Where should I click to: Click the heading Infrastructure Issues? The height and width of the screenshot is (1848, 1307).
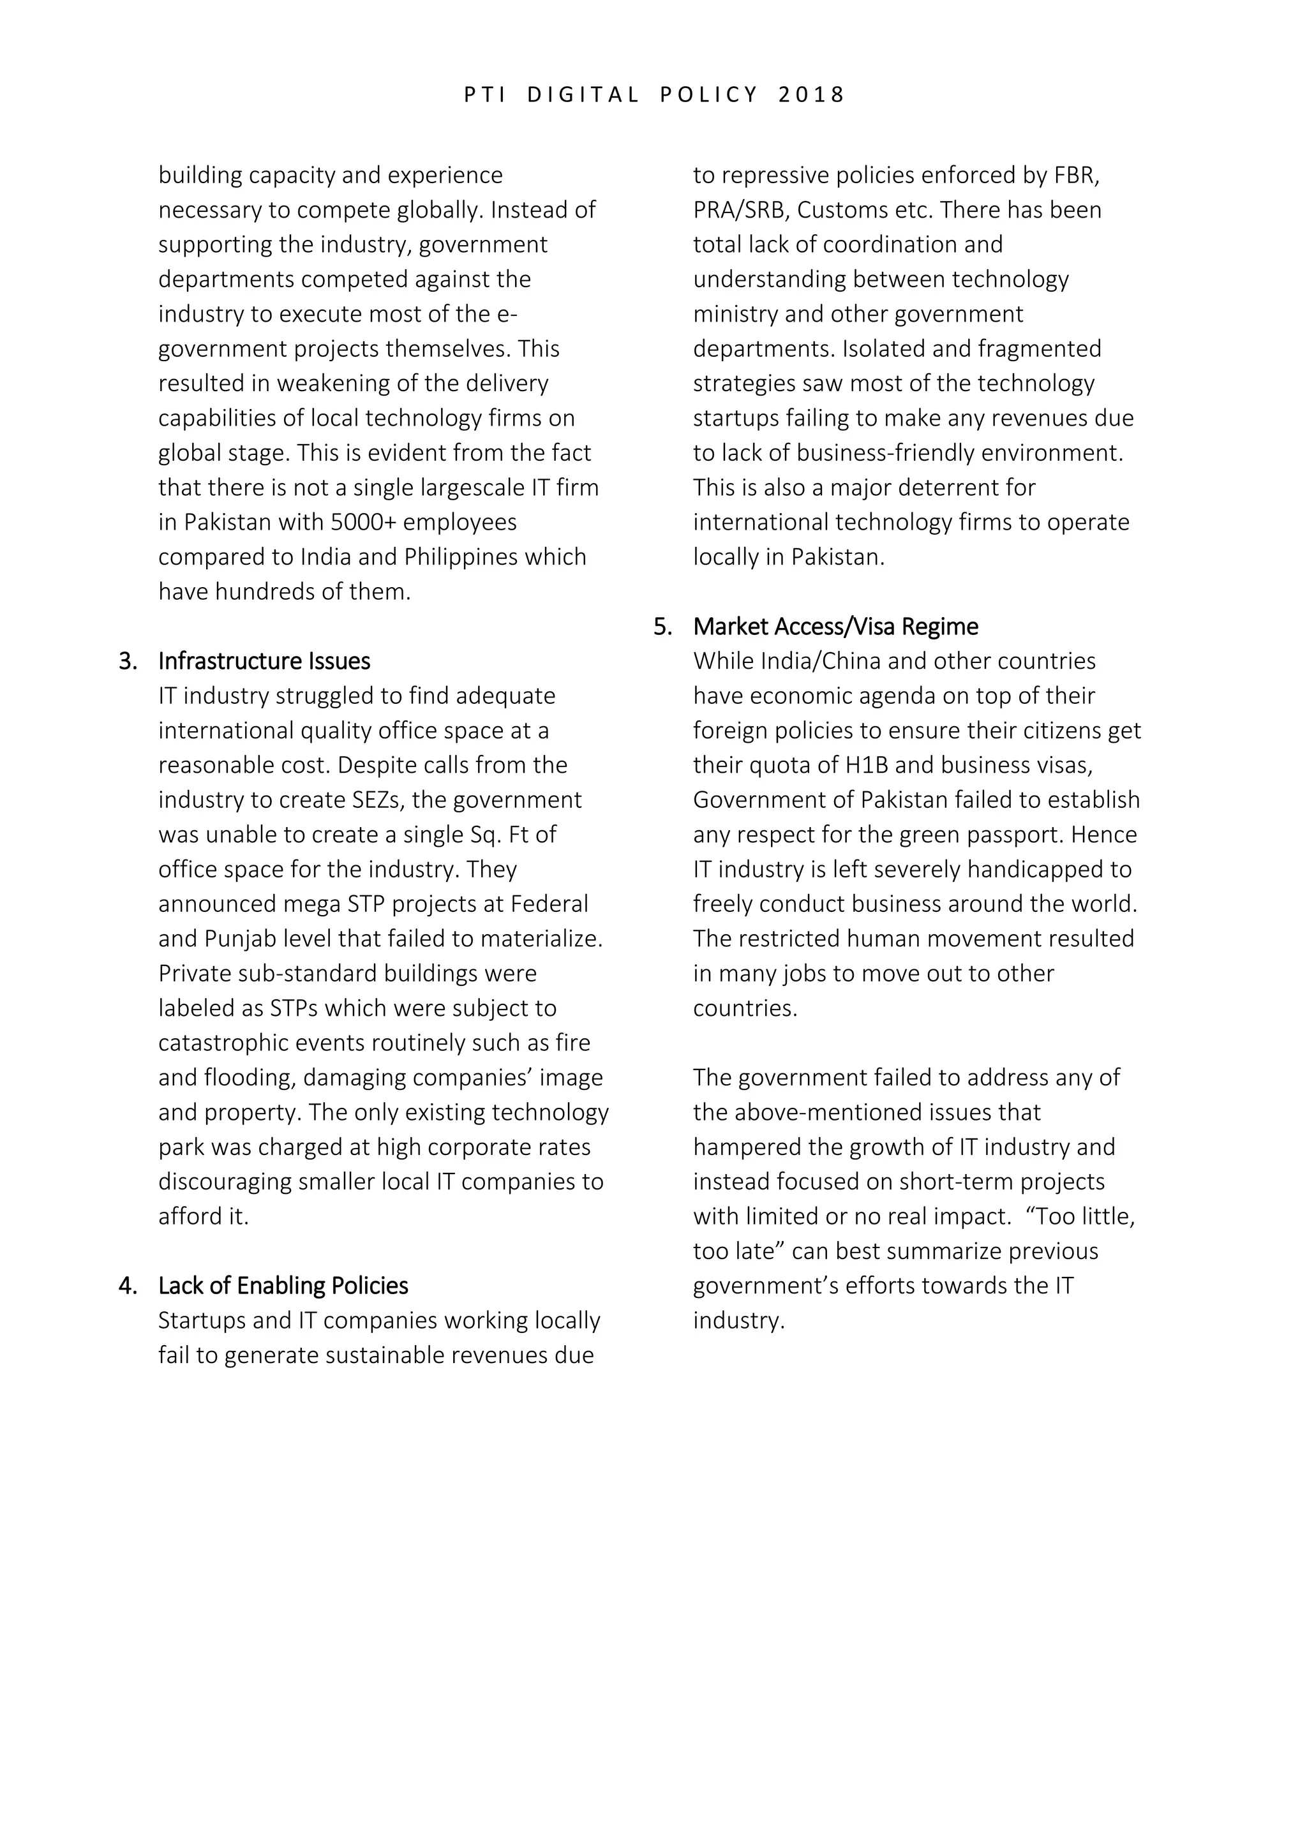[x=264, y=662]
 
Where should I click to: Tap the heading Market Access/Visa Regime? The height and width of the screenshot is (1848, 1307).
[x=835, y=627]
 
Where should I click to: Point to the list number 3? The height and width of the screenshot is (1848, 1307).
[x=127, y=662]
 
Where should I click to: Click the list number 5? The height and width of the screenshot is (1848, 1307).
[x=662, y=627]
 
